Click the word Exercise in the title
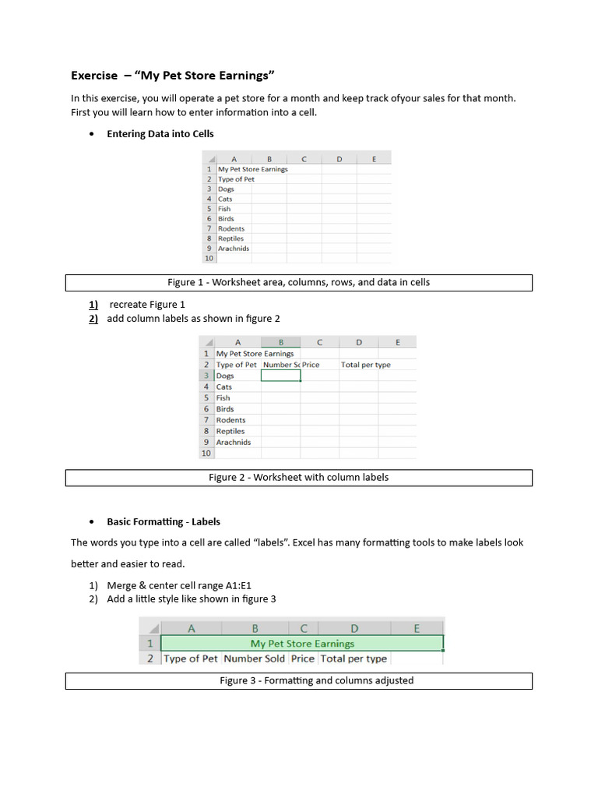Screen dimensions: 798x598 (x=94, y=76)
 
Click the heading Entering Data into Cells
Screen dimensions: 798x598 (x=160, y=134)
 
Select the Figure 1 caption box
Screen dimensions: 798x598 (x=298, y=282)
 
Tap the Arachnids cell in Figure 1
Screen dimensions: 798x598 (x=234, y=249)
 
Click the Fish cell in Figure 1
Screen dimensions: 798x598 (x=224, y=209)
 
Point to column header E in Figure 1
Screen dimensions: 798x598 (x=374, y=159)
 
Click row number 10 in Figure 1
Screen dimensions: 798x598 (x=209, y=259)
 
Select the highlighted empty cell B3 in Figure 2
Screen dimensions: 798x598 (x=280, y=376)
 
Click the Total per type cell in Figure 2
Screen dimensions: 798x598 (x=365, y=365)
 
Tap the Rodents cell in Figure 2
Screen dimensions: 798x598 (x=230, y=420)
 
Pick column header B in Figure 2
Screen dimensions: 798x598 (x=280, y=342)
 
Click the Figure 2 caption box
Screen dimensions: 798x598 (x=298, y=478)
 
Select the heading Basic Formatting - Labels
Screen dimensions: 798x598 (x=164, y=522)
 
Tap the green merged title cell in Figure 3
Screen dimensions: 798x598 (x=302, y=644)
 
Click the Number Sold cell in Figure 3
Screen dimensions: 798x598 (x=255, y=659)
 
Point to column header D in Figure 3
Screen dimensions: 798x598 (x=354, y=628)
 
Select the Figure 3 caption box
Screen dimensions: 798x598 (x=298, y=681)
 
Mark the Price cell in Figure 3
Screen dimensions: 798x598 (x=302, y=659)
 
